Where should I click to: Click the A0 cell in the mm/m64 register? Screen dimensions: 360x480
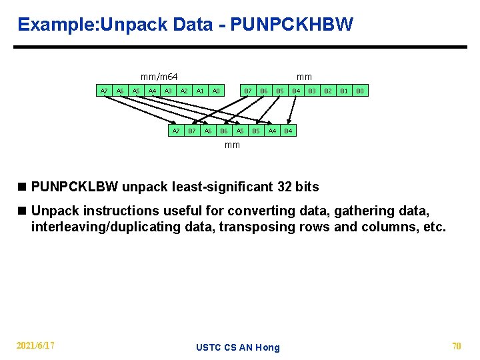point(216,91)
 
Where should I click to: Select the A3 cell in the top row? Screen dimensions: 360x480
point(168,91)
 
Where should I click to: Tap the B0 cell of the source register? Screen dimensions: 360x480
point(360,91)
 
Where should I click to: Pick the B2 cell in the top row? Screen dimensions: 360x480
point(328,91)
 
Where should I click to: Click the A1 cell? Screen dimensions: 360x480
point(200,91)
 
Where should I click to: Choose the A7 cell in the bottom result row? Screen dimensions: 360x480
point(176,131)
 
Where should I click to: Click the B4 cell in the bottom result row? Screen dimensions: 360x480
point(288,131)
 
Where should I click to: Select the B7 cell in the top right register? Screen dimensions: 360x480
point(248,91)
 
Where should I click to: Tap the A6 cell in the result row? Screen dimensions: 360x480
point(208,131)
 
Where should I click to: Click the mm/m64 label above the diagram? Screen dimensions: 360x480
point(159,77)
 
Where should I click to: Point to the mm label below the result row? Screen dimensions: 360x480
point(232,145)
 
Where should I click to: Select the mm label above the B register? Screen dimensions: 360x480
point(304,77)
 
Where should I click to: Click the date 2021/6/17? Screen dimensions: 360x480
point(35,345)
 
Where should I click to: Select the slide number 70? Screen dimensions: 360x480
point(457,345)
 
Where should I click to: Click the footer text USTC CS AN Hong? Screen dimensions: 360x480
point(238,347)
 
